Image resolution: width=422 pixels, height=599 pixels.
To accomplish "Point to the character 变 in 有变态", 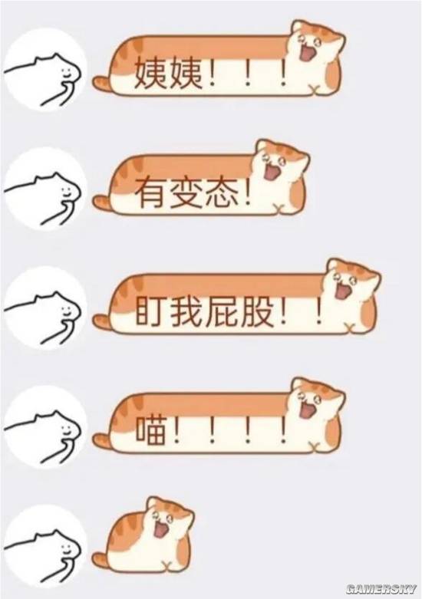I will coord(186,193).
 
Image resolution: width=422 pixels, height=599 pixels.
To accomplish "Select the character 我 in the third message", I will coord(187,311).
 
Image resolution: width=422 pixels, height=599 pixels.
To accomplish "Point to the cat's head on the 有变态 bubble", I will coord(280,163).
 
